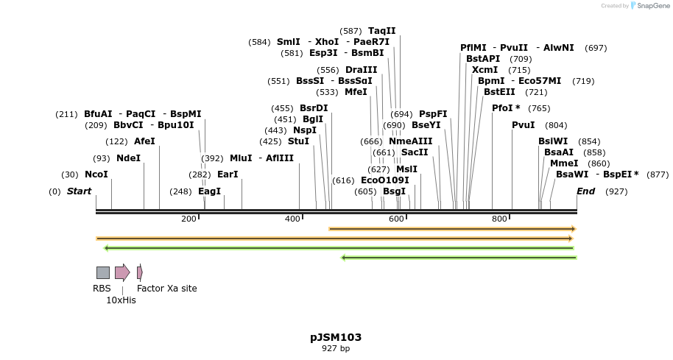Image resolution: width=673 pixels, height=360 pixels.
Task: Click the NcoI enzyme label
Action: click(x=96, y=174)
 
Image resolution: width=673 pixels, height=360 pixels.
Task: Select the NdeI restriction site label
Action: click(x=128, y=158)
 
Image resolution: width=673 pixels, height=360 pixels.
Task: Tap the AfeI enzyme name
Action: click(x=144, y=141)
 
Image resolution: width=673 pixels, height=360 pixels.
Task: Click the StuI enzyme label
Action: click(x=298, y=141)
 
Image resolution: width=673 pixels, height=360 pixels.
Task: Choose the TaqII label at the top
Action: click(x=382, y=31)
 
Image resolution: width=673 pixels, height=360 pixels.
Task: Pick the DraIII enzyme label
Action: click(x=361, y=70)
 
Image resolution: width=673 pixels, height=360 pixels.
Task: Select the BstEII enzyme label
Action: click(x=499, y=92)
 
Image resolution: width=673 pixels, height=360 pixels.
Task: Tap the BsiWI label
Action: click(x=553, y=141)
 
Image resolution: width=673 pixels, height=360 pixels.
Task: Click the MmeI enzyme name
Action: click(x=564, y=163)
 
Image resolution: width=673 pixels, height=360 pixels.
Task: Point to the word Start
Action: click(x=79, y=191)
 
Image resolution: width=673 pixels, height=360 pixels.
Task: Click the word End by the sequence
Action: click(x=585, y=191)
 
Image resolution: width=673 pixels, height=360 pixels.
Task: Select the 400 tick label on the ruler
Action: click(x=293, y=219)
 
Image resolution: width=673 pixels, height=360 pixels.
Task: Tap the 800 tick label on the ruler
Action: click(x=500, y=219)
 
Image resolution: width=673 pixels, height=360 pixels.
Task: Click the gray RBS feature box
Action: click(x=103, y=272)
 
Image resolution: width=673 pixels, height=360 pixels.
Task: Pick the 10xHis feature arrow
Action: click(x=122, y=272)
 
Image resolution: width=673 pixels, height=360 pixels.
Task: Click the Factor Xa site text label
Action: click(x=167, y=289)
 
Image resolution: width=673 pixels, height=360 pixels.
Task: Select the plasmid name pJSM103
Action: click(x=336, y=337)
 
